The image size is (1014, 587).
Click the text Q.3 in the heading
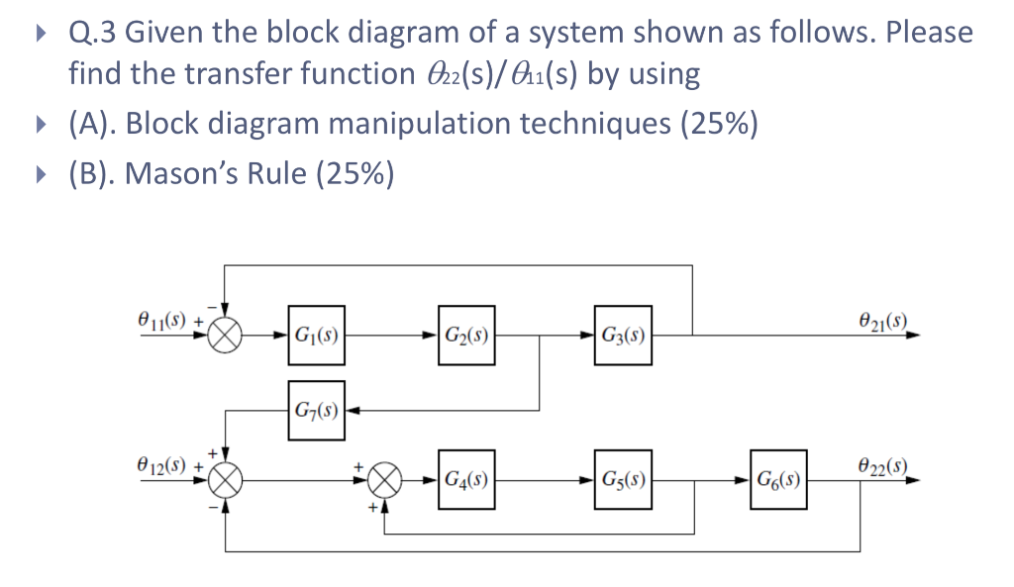point(92,33)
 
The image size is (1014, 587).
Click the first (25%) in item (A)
point(719,125)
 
